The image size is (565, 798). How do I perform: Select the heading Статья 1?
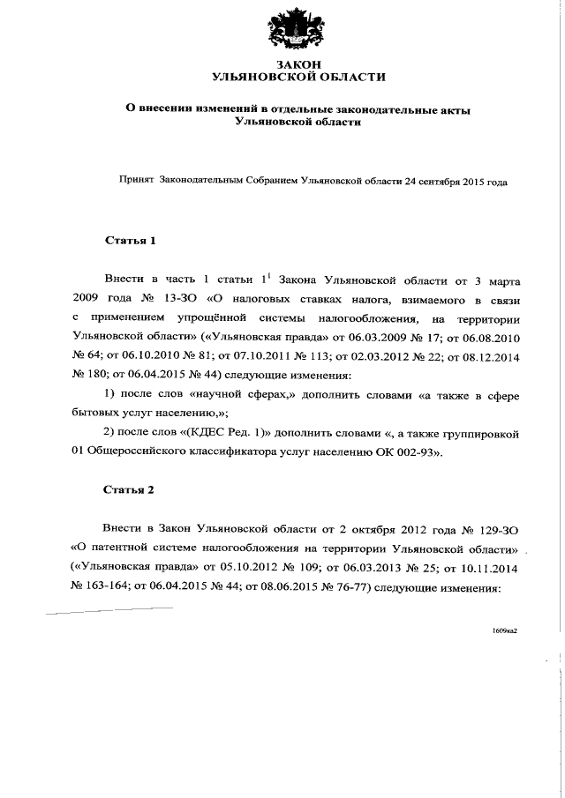(x=130, y=240)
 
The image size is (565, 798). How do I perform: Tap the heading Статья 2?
(x=130, y=489)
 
